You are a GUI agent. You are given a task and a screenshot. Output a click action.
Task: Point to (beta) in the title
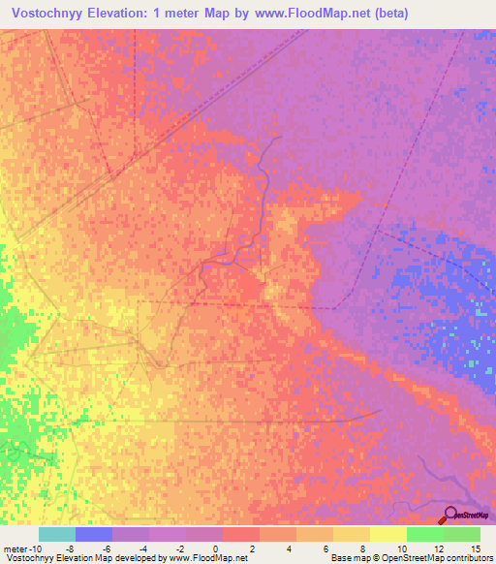coord(389,14)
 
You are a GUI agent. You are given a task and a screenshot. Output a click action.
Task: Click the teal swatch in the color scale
coord(57,534)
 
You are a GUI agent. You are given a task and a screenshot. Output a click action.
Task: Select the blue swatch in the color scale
coord(94,534)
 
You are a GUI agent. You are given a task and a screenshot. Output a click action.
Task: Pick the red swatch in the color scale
coord(240,534)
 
